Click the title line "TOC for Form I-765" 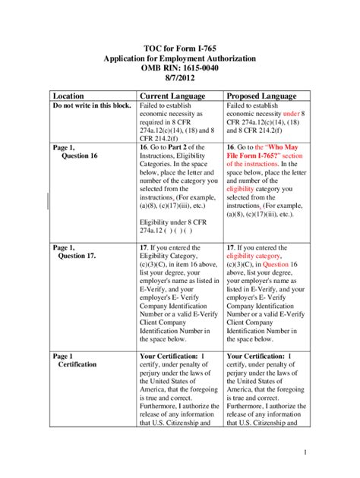pyautogui.click(x=179, y=47)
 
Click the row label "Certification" pyautogui.click(x=77, y=364)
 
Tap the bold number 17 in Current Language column pyautogui.click(x=145, y=247)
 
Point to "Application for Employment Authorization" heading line pyautogui.click(x=179, y=58)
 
